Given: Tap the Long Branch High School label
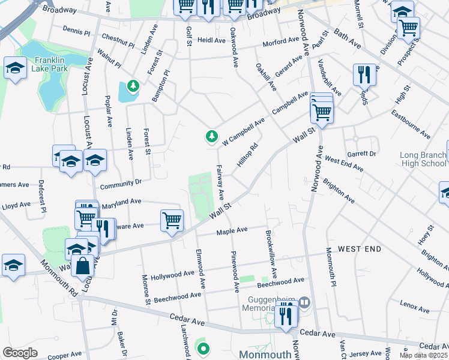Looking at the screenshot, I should pos(423,159).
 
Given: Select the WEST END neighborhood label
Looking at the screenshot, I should pos(359,248).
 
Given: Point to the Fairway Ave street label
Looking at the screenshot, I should pos(220,182).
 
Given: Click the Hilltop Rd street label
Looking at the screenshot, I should pos(247,155).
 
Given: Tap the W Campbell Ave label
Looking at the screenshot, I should pos(243,132).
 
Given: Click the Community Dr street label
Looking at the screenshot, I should pos(121,182).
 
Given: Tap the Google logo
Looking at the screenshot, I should pos(20,353).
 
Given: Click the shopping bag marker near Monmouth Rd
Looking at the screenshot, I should pos(82,265).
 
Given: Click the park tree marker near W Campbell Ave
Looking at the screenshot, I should pos(211,137).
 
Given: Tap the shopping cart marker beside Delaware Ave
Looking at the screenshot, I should pos(172,220).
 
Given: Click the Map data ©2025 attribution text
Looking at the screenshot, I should pos(424,355).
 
